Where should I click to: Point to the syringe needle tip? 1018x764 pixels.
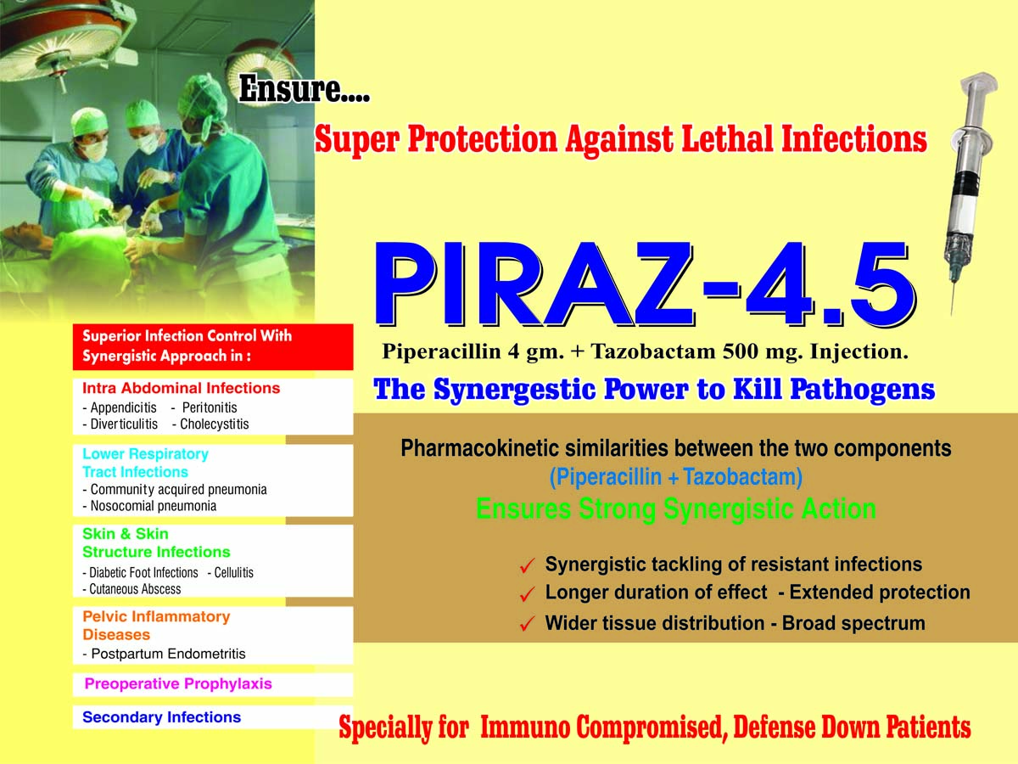pyautogui.click(x=952, y=313)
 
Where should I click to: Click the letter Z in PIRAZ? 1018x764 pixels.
pyautogui.click(x=665, y=284)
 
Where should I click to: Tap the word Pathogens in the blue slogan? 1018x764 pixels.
pyautogui.click(x=863, y=390)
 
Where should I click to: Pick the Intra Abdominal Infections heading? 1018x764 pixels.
pyautogui.click(x=182, y=388)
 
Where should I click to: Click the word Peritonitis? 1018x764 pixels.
pyautogui.click(x=210, y=407)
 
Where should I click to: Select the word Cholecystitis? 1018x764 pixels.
pyautogui.click(x=215, y=424)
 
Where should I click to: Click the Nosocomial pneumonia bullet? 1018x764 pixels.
pyautogui.click(x=149, y=506)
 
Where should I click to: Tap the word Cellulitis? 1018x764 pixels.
pyautogui.click(x=234, y=572)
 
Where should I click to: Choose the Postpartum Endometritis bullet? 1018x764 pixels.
pyautogui.click(x=165, y=654)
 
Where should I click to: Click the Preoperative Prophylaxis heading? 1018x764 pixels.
pyautogui.click(x=178, y=683)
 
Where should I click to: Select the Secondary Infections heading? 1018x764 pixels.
pyautogui.click(x=162, y=717)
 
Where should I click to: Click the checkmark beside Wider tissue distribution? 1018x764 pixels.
pyautogui.click(x=528, y=624)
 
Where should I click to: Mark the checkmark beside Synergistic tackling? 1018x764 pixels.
pyautogui.click(x=528, y=565)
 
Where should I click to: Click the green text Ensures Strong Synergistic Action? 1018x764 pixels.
pyautogui.click(x=676, y=509)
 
